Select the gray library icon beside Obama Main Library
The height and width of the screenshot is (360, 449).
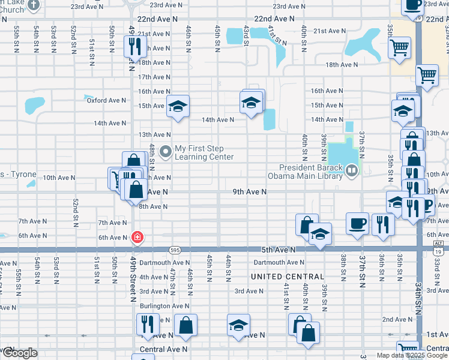[352, 172]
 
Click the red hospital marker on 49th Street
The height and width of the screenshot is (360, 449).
[138, 237]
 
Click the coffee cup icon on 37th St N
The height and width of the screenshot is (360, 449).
[358, 223]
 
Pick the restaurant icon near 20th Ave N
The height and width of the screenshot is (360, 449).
[133, 46]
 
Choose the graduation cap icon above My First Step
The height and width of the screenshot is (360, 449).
[178, 106]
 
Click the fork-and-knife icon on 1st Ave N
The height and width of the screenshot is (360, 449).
[147, 325]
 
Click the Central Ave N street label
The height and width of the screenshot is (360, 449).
[163, 349]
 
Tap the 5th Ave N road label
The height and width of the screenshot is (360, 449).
[279, 249]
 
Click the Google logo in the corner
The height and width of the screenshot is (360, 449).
[20, 353]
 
